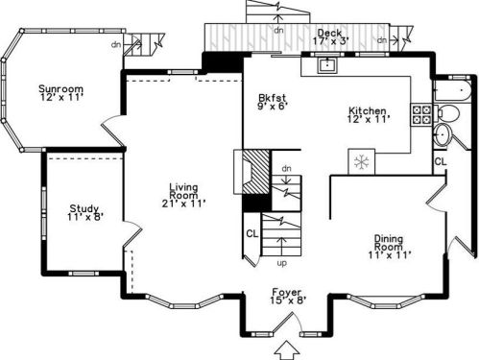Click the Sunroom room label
click(61, 93)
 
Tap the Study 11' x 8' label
click(84, 213)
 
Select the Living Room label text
click(183, 195)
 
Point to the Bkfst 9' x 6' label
click(272, 102)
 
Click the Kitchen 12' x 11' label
click(369, 115)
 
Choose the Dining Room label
click(389, 247)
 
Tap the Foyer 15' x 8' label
click(287, 297)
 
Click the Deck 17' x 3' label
click(330, 36)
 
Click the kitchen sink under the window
click(327, 64)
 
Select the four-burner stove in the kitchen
click(421, 114)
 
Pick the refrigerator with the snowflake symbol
click(362, 162)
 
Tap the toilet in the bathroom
click(447, 113)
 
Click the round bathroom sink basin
click(443, 134)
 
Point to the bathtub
click(453, 91)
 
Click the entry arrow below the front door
click(287, 350)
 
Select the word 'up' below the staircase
click(281, 264)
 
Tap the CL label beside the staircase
click(252, 234)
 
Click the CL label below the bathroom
click(441, 162)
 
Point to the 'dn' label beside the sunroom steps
click(116, 44)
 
